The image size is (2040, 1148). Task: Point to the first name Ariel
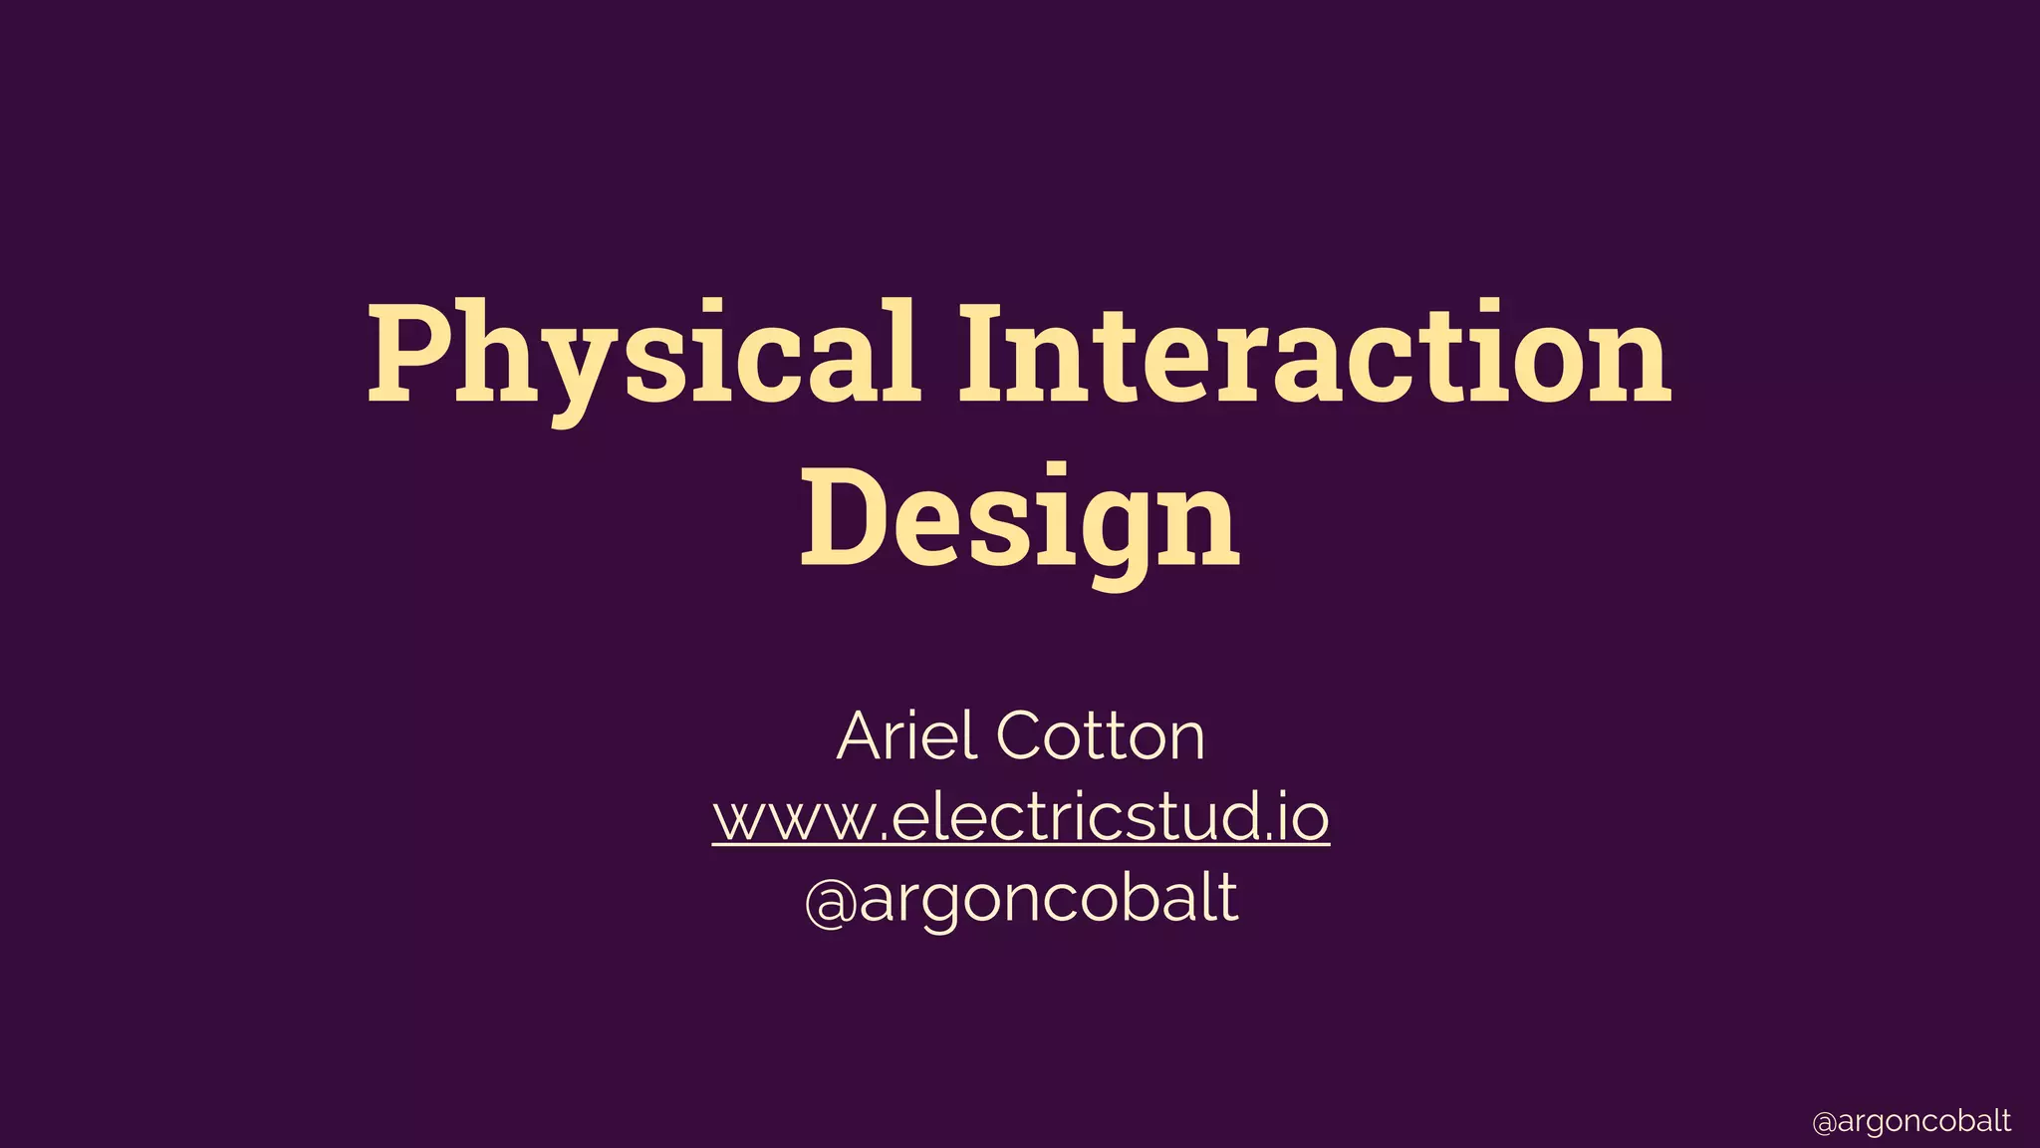(906, 736)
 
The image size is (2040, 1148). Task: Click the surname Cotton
(1100, 736)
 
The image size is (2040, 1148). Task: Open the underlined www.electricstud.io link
(1020, 817)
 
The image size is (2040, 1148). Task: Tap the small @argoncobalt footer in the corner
(1912, 1121)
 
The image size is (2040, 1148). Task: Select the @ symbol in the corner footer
(1824, 1123)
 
